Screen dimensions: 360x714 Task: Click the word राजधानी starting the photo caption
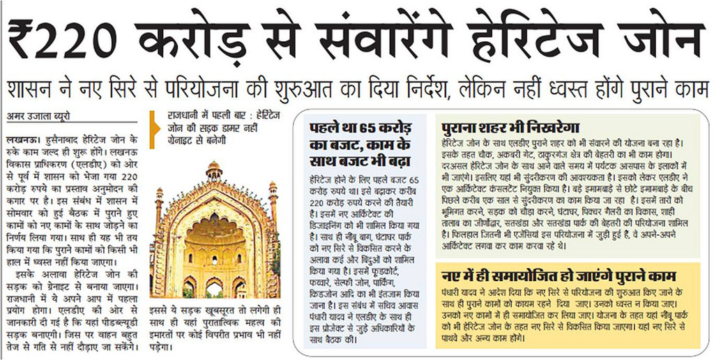pos(183,114)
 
